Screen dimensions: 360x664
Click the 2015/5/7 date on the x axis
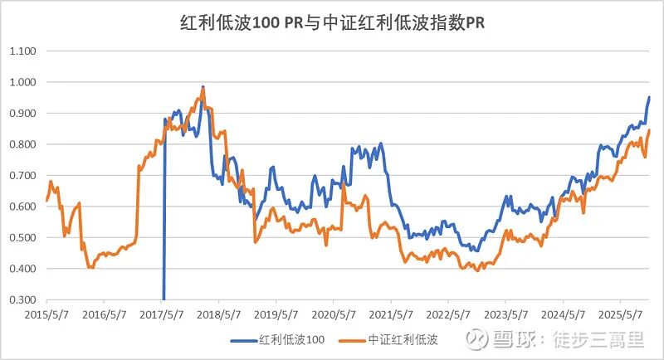click(x=46, y=315)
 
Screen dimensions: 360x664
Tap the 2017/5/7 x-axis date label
click(x=161, y=315)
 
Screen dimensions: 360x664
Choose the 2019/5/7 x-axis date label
click(x=276, y=315)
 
